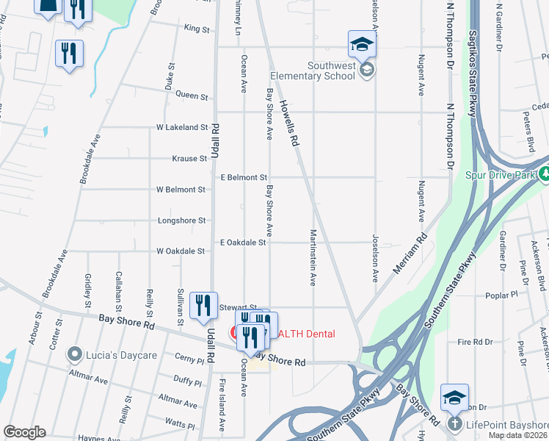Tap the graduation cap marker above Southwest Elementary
[x=362, y=44]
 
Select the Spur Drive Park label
[x=501, y=176]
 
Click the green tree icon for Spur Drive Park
[x=545, y=175]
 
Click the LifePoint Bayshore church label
[x=507, y=425]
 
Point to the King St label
[x=197, y=29]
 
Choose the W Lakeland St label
[x=182, y=127]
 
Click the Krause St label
[x=189, y=159]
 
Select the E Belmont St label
[x=244, y=178]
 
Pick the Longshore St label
[x=181, y=220]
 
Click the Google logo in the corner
[x=24, y=432]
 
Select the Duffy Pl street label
[x=188, y=382]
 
